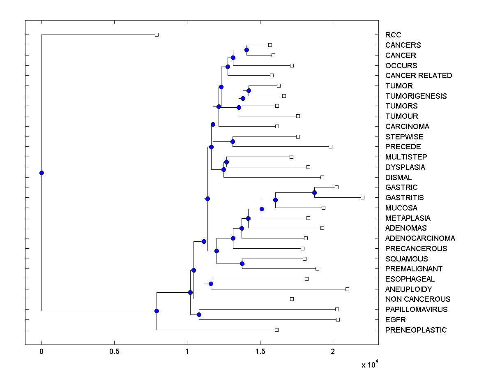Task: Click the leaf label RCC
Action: click(393, 35)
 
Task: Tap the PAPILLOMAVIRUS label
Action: click(416, 310)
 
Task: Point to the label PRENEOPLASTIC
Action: click(416, 330)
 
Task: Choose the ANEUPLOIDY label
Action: click(408, 289)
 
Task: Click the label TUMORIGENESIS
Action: click(416, 96)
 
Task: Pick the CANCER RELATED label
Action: click(418, 76)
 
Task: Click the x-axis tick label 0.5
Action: click(114, 352)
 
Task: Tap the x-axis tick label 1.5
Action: click(260, 352)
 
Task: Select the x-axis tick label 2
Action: click(333, 352)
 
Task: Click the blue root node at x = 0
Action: click(41, 173)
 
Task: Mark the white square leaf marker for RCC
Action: click(157, 35)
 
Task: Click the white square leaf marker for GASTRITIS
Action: click(362, 198)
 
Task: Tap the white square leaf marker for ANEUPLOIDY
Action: click(347, 289)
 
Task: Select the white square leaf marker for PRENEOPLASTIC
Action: click(276, 330)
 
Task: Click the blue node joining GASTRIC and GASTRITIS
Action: click(314, 192)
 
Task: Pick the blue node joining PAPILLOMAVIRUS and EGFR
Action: click(199, 315)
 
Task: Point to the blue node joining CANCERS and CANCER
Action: click(246, 50)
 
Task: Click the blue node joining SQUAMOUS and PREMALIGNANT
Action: click(242, 264)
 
